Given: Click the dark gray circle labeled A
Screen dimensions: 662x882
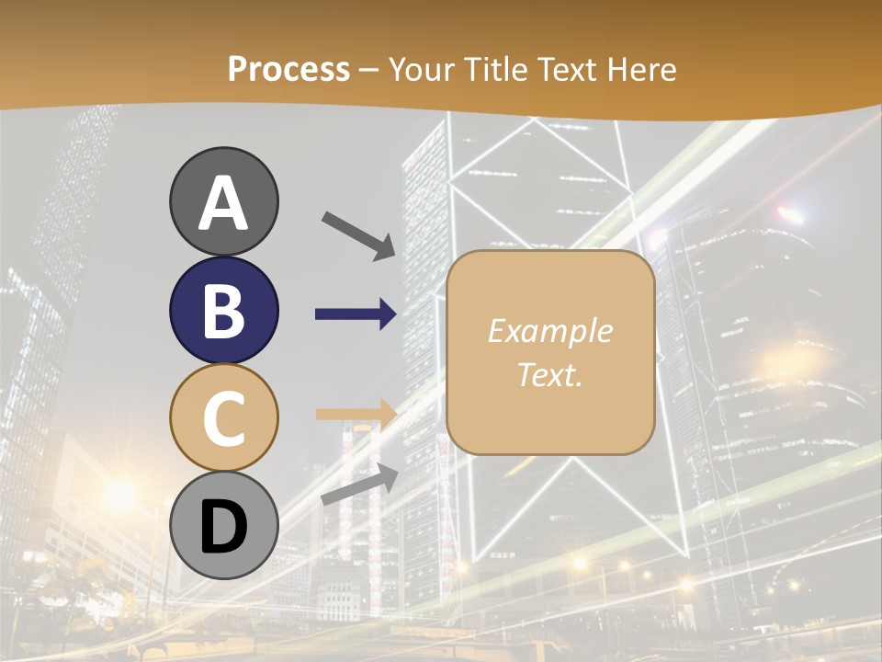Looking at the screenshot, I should pyautogui.click(x=223, y=201).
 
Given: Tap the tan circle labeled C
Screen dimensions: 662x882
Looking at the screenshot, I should pyautogui.click(x=223, y=417).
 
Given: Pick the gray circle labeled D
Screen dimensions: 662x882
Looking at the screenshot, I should pyautogui.click(x=223, y=526).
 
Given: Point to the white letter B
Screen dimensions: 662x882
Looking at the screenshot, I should pyautogui.click(x=223, y=311).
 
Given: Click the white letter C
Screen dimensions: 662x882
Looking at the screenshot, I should pyautogui.click(x=223, y=418).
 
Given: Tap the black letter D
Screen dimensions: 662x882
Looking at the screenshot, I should pyautogui.click(x=223, y=527).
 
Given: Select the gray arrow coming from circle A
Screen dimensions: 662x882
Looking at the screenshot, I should pyautogui.click(x=359, y=234).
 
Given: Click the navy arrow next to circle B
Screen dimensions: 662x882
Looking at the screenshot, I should pyautogui.click(x=356, y=314).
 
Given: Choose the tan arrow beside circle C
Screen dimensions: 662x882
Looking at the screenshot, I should pyautogui.click(x=356, y=414).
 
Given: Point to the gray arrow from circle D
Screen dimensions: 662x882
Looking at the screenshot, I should pyautogui.click(x=359, y=485).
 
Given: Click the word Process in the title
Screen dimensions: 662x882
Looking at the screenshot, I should pyautogui.click(x=288, y=70).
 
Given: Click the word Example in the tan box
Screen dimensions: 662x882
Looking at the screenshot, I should pyautogui.click(x=549, y=332).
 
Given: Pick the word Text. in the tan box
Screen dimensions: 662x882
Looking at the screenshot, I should pyautogui.click(x=549, y=374).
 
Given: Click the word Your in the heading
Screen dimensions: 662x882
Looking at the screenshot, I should pyautogui.click(x=420, y=69).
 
